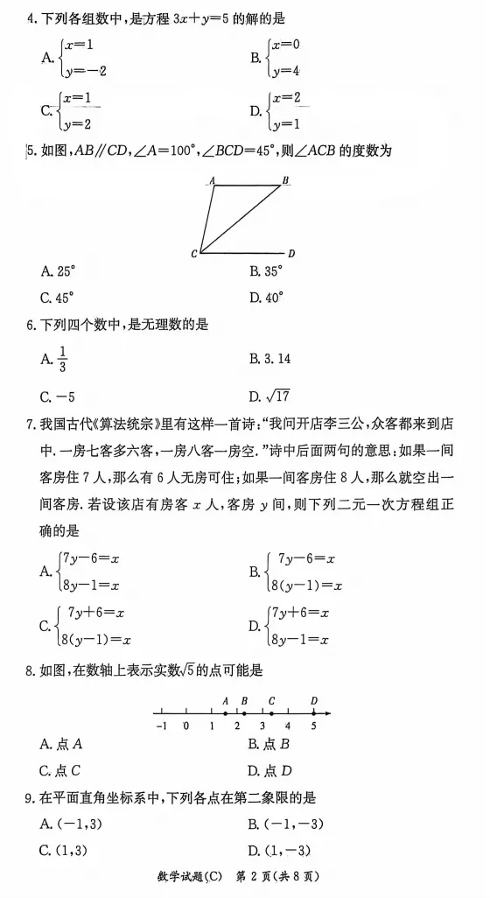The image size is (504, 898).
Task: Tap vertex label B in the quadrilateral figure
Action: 285,180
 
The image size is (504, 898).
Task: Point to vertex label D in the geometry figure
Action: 291,254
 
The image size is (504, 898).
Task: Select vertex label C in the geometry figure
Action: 193,254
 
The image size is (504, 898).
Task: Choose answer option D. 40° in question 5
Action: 266,297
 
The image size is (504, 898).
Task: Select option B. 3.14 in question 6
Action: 269,358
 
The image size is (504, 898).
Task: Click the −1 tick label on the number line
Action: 160,726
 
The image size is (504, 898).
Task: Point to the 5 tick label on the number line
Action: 313,726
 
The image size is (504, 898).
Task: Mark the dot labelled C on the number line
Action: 272,713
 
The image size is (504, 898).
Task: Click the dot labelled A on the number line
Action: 226,713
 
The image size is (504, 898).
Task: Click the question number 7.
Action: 31,425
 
